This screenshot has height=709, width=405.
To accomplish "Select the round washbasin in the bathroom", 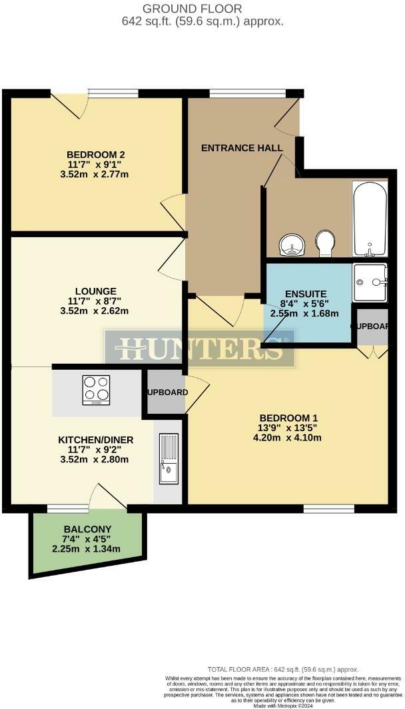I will pyautogui.click(x=292, y=245).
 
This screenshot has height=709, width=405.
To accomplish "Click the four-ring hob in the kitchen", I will pyautogui.click(x=96, y=390).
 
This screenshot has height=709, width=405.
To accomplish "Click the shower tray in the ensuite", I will pyautogui.click(x=370, y=283).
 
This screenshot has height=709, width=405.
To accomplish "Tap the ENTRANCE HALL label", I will pyautogui.click(x=242, y=148).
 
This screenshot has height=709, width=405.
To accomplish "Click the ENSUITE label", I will pyautogui.click(x=305, y=293).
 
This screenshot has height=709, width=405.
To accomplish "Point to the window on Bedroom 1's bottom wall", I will pyautogui.click(x=328, y=509).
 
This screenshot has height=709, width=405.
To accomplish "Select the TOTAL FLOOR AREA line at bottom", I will pyautogui.click(x=283, y=670).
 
